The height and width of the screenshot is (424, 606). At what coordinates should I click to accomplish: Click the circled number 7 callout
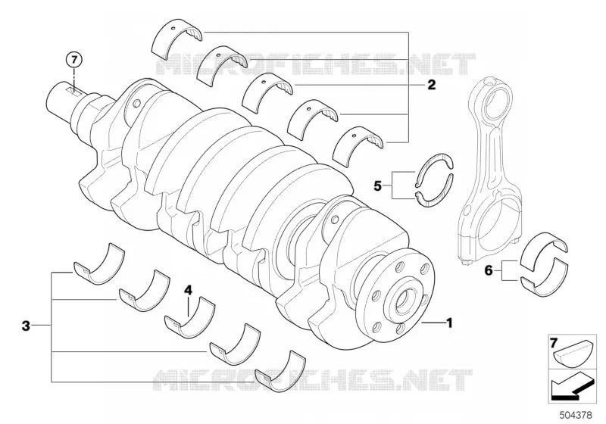(x=74, y=60)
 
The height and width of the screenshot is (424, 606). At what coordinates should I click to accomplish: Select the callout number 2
(x=431, y=85)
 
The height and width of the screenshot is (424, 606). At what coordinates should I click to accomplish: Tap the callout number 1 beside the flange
(x=449, y=323)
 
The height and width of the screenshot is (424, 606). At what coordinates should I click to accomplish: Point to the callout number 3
(x=26, y=326)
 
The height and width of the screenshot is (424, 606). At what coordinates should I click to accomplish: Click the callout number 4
(x=188, y=290)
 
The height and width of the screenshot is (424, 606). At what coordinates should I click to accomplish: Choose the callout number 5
(x=377, y=185)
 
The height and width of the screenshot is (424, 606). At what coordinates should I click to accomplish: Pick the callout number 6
(x=489, y=271)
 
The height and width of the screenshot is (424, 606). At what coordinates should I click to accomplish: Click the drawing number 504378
(x=576, y=415)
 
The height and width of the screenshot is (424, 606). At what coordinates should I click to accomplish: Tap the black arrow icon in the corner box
(x=570, y=386)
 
